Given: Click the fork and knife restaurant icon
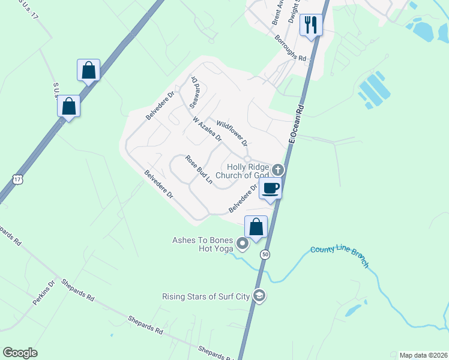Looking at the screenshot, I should pos(310,25).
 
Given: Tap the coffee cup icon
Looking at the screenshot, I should pos(270,188).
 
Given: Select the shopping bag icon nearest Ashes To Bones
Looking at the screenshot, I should pos(256,227).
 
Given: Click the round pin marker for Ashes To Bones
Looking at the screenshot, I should pos(243,244).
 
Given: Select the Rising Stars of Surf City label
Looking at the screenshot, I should pos(206,296).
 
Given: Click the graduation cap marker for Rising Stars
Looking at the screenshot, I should pos(259,296).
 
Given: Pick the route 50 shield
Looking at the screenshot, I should pos(265,255).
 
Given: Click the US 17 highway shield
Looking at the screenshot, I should pos(17,179).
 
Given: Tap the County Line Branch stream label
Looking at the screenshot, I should pos(340,257).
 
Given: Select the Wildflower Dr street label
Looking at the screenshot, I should pos(232,133).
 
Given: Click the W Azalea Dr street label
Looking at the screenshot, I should pos(208,129).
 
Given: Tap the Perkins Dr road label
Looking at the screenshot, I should pos(44,292).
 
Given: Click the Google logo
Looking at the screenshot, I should pos(20,353).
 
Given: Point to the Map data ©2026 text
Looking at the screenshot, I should pos(423,355).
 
